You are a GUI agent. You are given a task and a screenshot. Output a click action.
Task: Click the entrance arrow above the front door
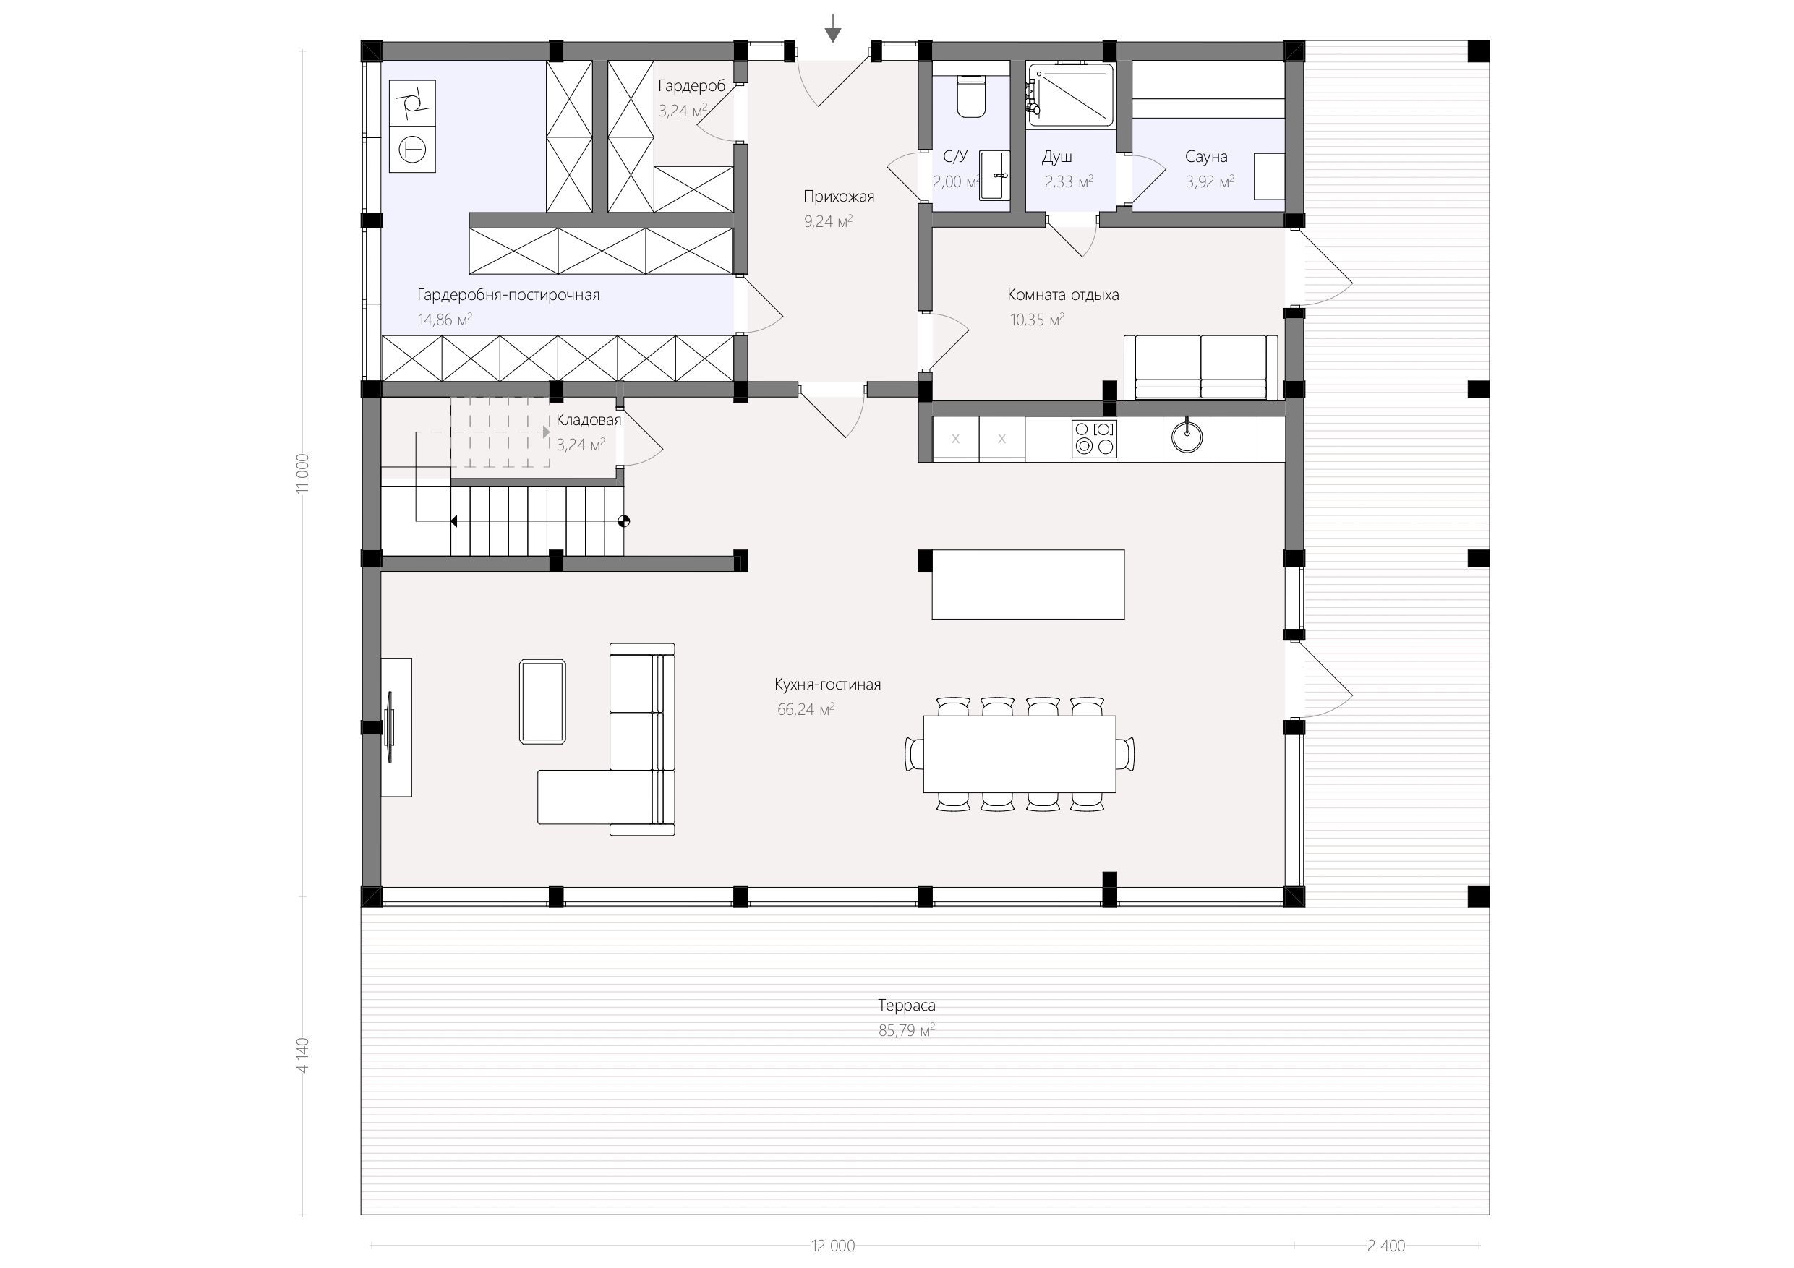833,28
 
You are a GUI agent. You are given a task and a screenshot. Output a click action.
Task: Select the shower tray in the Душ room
1070,95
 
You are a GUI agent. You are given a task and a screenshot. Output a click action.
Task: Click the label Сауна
1205,156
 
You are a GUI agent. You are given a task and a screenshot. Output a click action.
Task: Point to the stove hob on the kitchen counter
1094,438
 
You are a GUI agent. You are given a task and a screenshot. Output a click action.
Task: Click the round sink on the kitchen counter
1187,437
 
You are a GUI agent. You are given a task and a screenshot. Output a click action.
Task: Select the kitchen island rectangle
1028,584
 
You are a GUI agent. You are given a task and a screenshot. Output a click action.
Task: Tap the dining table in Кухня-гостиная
1020,754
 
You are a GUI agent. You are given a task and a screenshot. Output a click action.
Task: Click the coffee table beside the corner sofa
542,701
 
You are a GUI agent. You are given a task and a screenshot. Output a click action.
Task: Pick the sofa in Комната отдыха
1201,367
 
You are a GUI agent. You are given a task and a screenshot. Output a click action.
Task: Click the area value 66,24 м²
806,709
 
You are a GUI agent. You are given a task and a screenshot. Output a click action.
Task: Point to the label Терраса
906,1006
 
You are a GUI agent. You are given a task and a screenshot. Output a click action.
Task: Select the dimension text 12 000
833,1246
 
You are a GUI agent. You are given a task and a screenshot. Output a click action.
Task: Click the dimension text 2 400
1386,1246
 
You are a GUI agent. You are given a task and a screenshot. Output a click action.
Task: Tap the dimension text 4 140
303,1055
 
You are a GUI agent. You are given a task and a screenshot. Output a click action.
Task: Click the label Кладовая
589,419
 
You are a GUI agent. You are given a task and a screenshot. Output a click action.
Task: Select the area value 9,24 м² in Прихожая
828,221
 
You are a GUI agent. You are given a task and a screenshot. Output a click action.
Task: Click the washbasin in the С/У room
995,176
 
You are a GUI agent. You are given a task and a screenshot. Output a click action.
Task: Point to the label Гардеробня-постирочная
508,294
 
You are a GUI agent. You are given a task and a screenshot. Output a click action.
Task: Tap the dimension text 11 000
303,474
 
